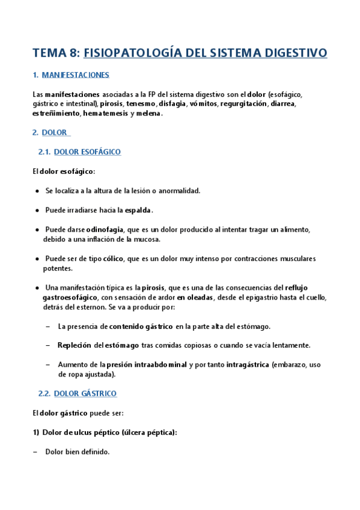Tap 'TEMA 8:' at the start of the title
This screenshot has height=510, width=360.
click(56, 53)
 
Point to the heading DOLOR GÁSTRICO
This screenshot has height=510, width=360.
click(85, 393)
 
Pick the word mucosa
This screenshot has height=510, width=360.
click(144, 239)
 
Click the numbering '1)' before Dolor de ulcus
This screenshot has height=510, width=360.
click(35, 432)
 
